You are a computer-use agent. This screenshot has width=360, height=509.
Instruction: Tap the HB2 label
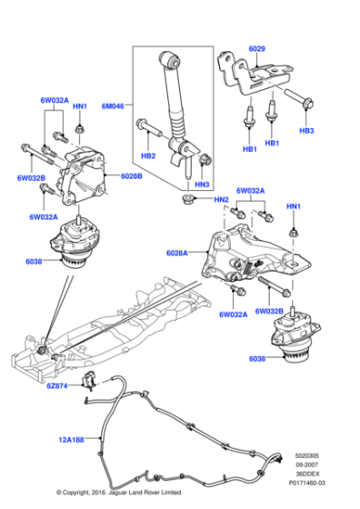click(x=148, y=156)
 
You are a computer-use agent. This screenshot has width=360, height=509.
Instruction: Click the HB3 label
click(x=306, y=132)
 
